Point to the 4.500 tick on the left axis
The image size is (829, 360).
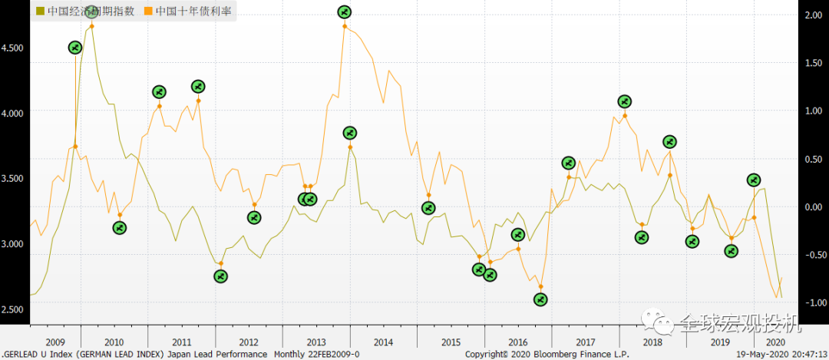[x=13, y=48]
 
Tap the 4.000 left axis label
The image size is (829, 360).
[x=13, y=113]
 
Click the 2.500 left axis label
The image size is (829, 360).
[x=13, y=309]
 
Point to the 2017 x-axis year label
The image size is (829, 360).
[x=585, y=342]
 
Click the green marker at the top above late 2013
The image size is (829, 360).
[x=345, y=12]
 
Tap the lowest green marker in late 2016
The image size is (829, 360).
[x=540, y=299]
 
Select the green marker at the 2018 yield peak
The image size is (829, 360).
[x=624, y=101]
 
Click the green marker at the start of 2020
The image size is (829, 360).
[x=754, y=180]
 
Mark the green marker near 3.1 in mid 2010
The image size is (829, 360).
[x=119, y=227]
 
